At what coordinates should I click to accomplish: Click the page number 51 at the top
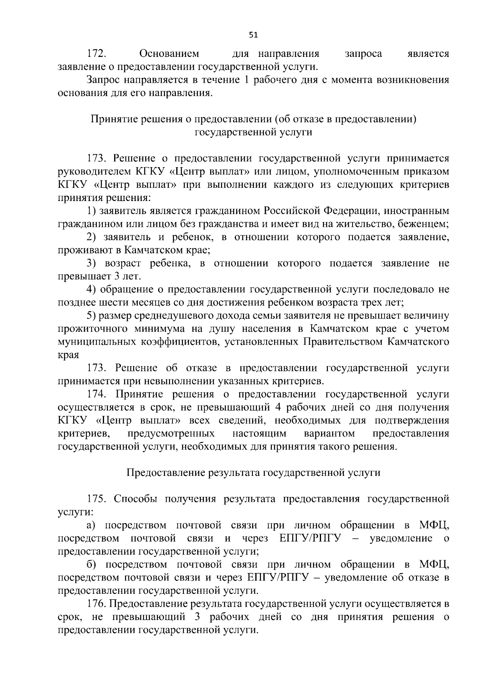[x=253, y=35]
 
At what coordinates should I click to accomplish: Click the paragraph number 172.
[x=97, y=54]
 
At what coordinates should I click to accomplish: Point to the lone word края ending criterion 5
[x=68, y=355]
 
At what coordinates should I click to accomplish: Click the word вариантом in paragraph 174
[x=330, y=434]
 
